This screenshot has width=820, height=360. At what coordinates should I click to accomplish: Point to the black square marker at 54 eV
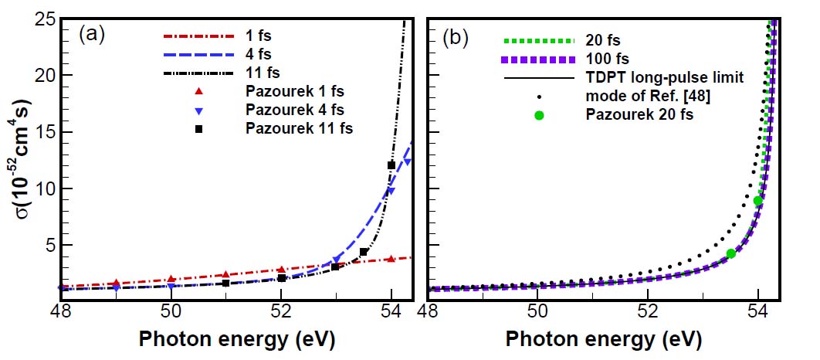391,165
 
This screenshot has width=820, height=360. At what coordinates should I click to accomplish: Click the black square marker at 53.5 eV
364,252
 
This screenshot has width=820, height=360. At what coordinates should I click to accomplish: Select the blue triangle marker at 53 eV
336,260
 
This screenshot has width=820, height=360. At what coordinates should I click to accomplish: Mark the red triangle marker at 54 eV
391,259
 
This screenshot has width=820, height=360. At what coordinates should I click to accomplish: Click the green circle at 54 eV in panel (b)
758,201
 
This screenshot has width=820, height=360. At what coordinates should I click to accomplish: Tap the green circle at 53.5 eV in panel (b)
730,253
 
